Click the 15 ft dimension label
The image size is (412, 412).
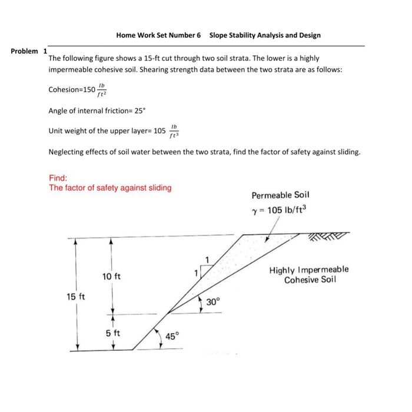[75, 296]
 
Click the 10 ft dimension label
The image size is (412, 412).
[111, 276]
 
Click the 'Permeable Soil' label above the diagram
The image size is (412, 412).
[280, 195]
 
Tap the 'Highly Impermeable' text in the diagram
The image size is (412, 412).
[308, 270]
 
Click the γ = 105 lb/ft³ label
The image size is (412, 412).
[280, 211]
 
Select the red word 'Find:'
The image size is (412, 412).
[58, 177]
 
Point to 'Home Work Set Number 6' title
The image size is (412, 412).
[158, 35]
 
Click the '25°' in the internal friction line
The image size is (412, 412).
[139, 109]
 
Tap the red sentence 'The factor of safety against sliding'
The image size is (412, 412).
[110, 188]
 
